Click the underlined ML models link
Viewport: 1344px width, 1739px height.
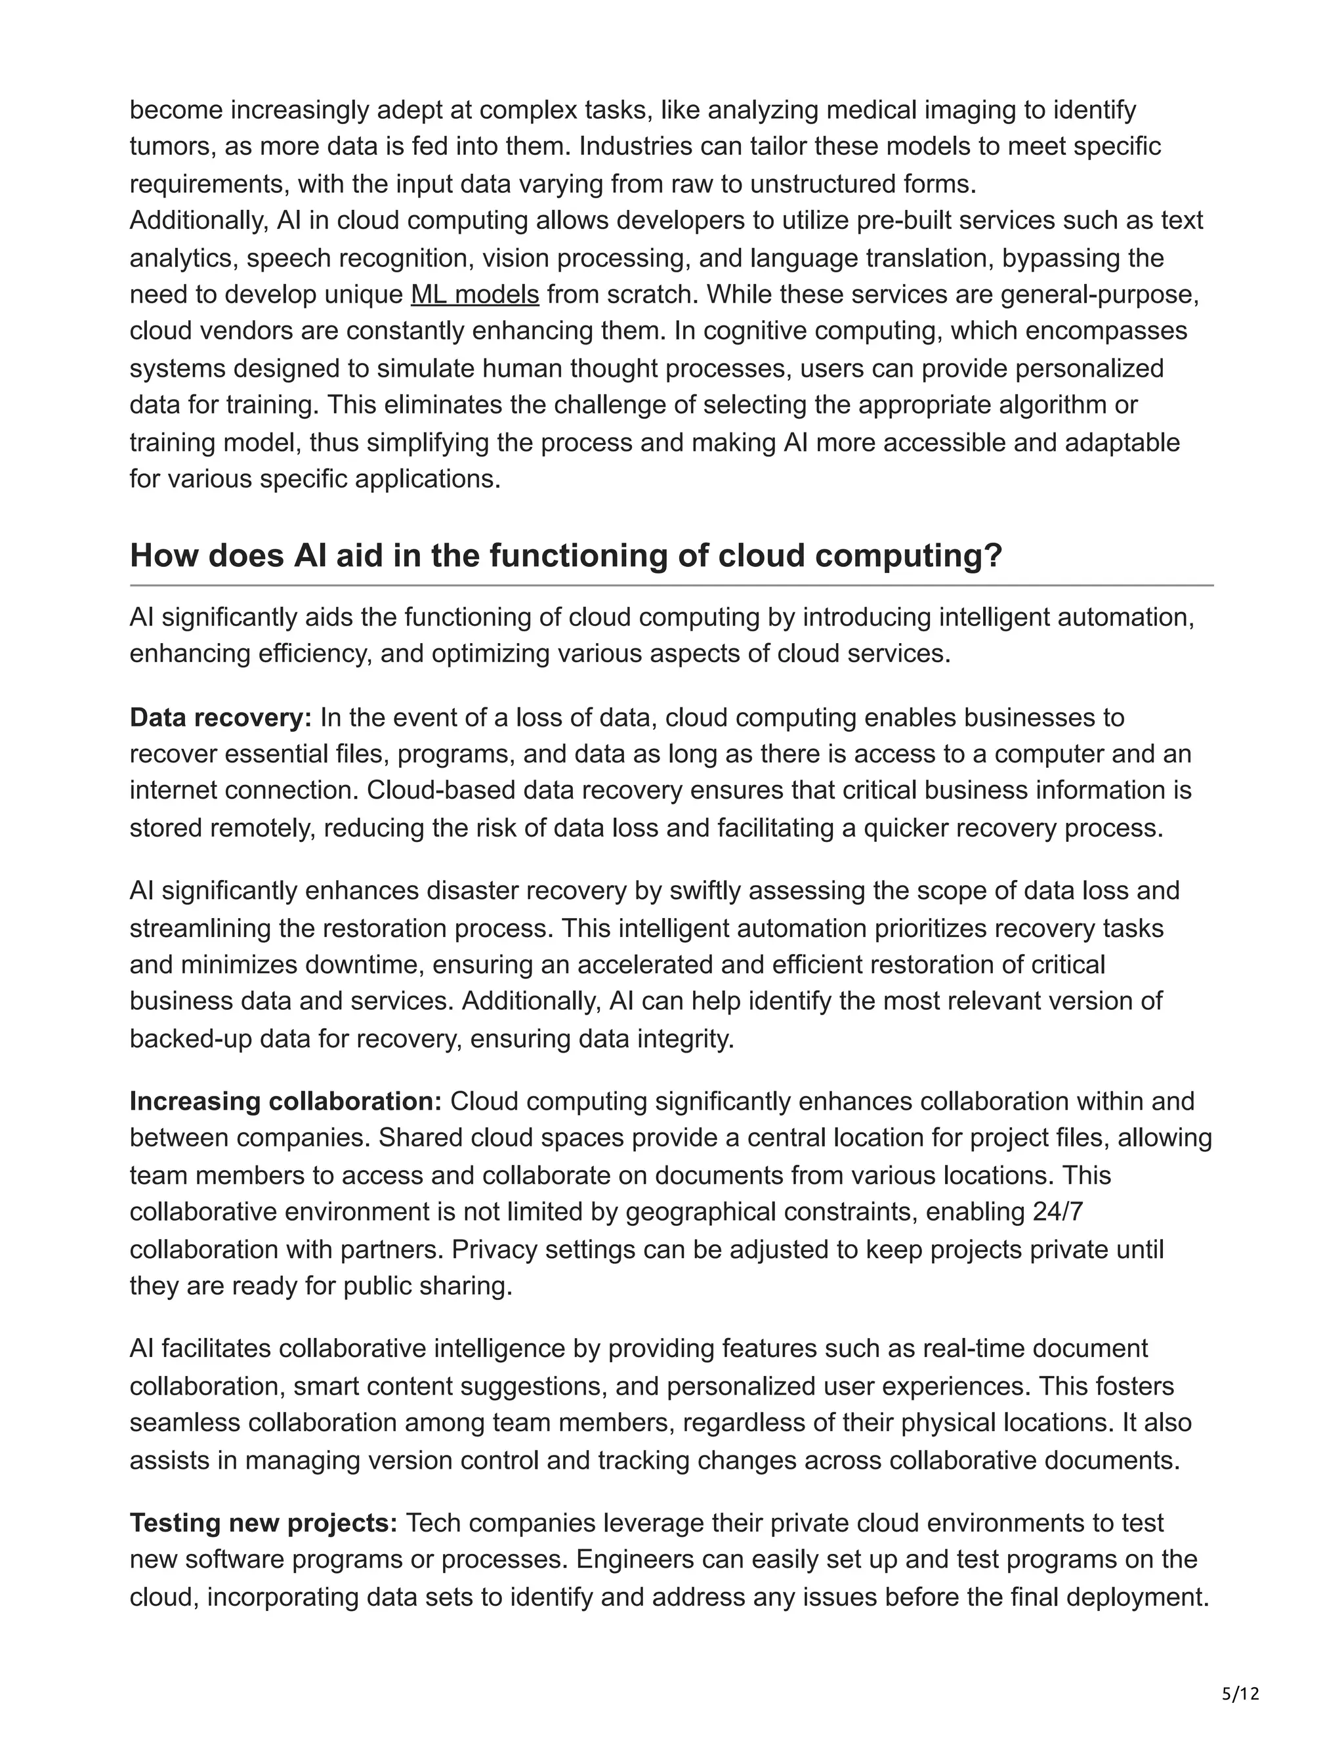[x=474, y=295]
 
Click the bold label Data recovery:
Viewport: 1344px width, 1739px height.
[x=220, y=717]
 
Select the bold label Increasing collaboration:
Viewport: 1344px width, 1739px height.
[x=285, y=1101]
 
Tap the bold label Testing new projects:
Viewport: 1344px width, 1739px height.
[x=262, y=1522]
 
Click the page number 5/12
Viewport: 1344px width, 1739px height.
[x=1240, y=1693]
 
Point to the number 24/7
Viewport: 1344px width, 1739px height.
[x=1057, y=1211]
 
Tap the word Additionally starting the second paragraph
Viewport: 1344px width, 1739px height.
[x=199, y=220]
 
